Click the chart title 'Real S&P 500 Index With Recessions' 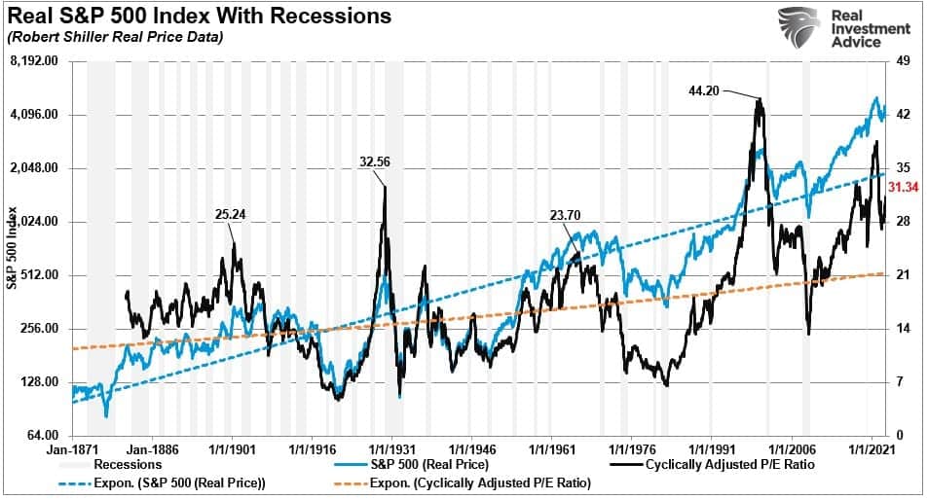pyautogui.click(x=199, y=17)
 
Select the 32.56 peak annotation pyautogui.click(x=373, y=162)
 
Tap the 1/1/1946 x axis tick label pyautogui.click(x=473, y=450)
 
